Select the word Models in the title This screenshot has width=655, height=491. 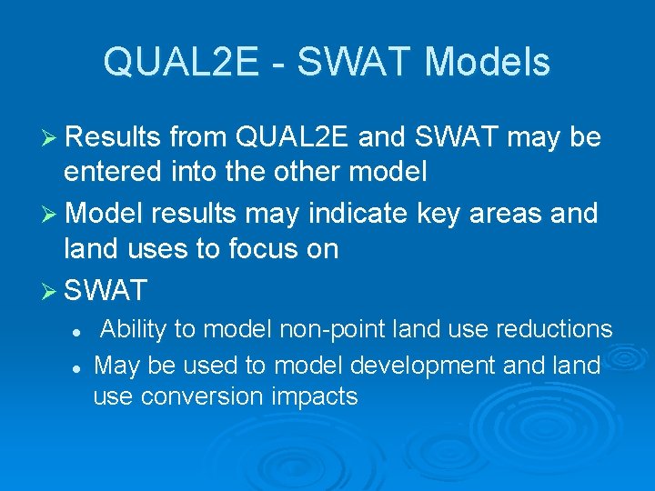click(x=488, y=63)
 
